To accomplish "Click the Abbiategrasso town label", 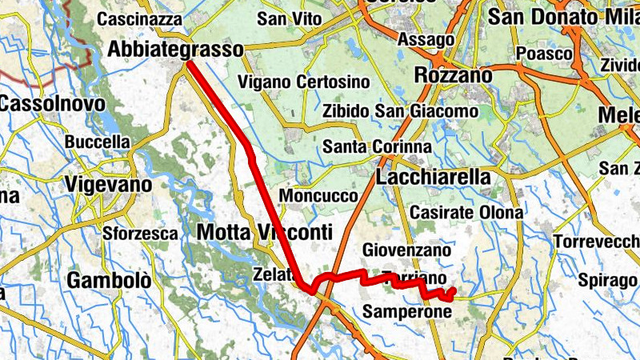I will pyautogui.click(x=175, y=50).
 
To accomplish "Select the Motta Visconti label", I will pyautogui.click(x=263, y=233).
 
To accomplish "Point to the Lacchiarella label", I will pyautogui.click(x=433, y=178).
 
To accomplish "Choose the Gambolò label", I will pyautogui.click(x=109, y=281).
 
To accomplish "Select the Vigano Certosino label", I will pyautogui.click(x=304, y=82).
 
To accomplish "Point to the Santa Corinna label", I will pyautogui.click(x=377, y=148).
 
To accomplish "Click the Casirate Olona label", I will pyautogui.click(x=466, y=213).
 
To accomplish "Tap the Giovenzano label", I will pyautogui.click(x=407, y=251).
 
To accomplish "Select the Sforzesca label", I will pyautogui.click(x=140, y=234).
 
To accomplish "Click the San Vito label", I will pyautogui.click(x=289, y=18).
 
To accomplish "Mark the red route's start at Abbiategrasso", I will pyautogui.click(x=190, y=66).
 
